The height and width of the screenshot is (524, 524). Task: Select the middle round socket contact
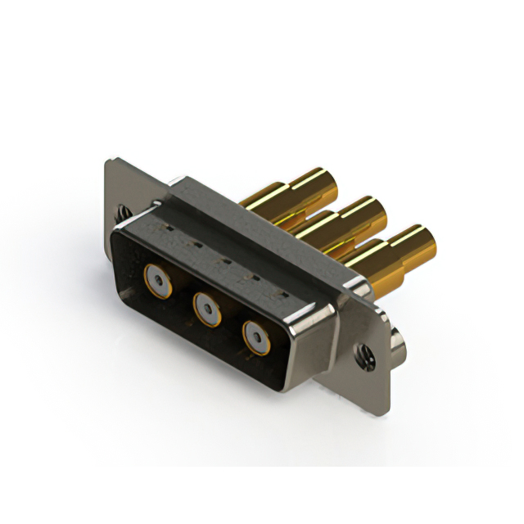tap(206, 307)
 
